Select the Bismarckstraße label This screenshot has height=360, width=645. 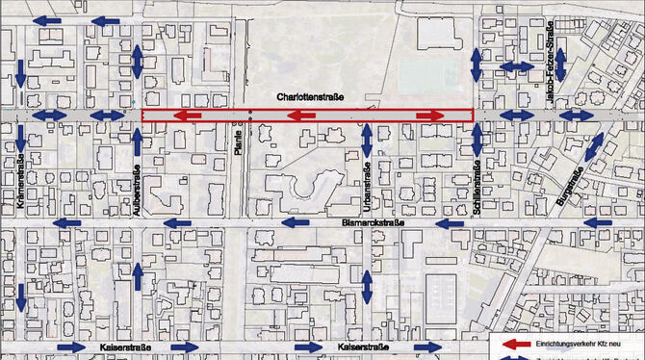[373, 223]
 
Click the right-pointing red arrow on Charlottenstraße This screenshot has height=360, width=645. [429, 116]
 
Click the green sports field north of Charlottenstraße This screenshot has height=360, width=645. [425, 72]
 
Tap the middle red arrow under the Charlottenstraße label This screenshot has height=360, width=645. [301, 116]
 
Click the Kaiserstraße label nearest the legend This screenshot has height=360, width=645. [363, 347]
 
